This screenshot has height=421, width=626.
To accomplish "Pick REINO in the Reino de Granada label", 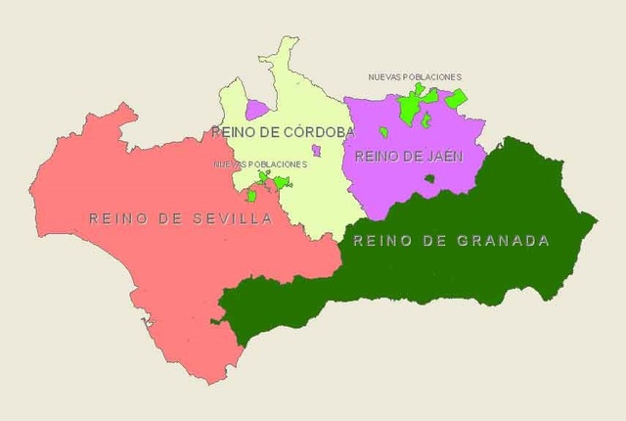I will click(x=378, y=240).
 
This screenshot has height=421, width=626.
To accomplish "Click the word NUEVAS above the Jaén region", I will click(x=383, y=76).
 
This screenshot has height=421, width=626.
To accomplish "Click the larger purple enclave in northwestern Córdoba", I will click(x=257, y=109).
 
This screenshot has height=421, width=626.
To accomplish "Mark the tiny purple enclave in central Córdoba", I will click(x=316, y=150).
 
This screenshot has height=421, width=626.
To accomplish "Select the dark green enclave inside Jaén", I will click(x=429, y=179).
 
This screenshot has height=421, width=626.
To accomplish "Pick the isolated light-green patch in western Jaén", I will click(x=384, y=131).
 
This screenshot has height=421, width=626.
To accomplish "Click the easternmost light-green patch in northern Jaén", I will click(x=456, y=98).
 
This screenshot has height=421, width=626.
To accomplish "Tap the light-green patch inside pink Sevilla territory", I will click(x=251, y=195).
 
